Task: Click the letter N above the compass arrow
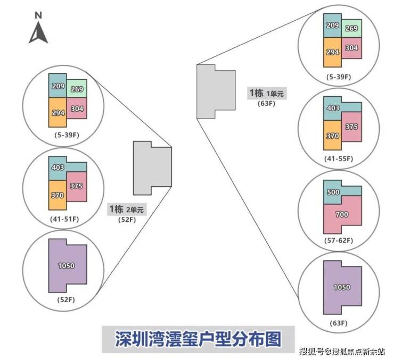click(38, 15)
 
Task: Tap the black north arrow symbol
click(38, 34)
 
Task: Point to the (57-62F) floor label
click(339, 240)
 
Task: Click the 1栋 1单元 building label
click(267, 93)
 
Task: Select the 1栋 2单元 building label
click(126, 209)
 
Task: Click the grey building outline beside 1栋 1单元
click(216, 91)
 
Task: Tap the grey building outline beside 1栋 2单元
click(152, 168)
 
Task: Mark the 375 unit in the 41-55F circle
click(351, 127)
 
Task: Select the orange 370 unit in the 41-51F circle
click(58, 195)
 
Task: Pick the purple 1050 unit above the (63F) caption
click(341, 287)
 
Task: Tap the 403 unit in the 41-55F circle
click(333, 108)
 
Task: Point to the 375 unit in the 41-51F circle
click(76, 186)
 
